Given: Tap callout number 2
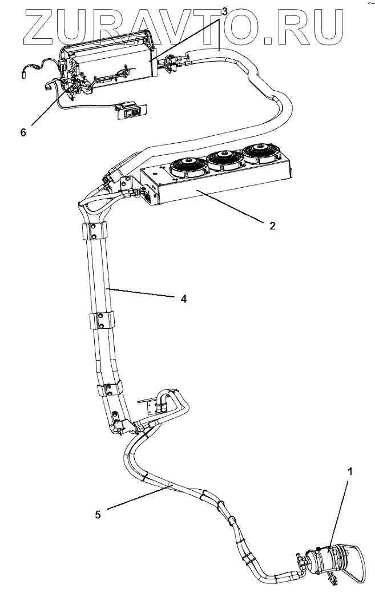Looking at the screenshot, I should (272, 225).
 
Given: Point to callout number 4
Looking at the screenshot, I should (184, 298).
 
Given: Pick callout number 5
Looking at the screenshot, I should (98, 514).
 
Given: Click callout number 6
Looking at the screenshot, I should (23, 132).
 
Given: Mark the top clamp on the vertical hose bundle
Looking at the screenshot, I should (96, 231).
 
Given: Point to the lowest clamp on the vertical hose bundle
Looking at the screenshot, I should (109, 391).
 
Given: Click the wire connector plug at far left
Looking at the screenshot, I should (25, 72).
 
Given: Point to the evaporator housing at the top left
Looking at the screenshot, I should (108, 57).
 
